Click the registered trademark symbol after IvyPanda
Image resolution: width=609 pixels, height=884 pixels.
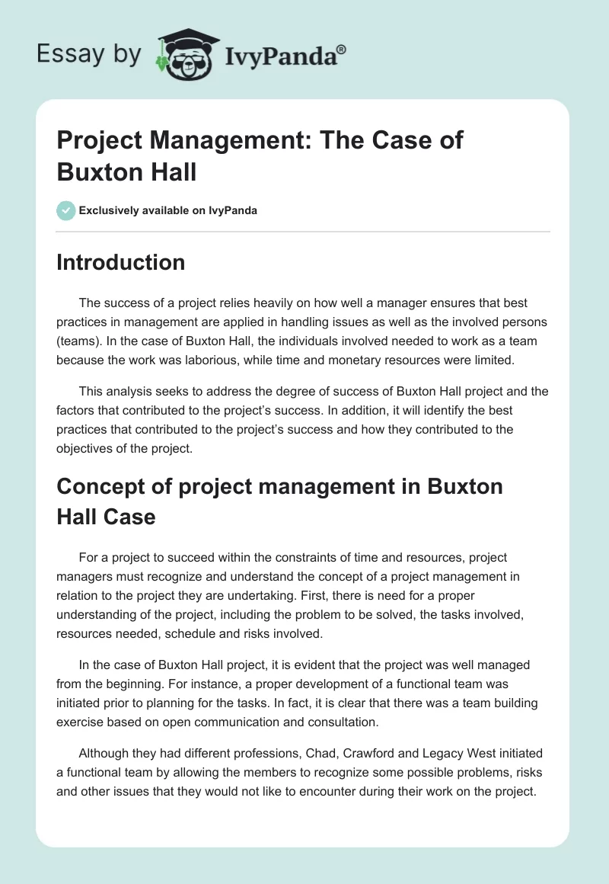pos(342,49)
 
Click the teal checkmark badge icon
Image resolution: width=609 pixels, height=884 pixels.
pos(66,210)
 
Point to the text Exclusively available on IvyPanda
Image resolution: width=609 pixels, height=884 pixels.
pos(168,210)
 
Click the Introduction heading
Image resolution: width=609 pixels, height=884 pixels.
pos(121,262)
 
